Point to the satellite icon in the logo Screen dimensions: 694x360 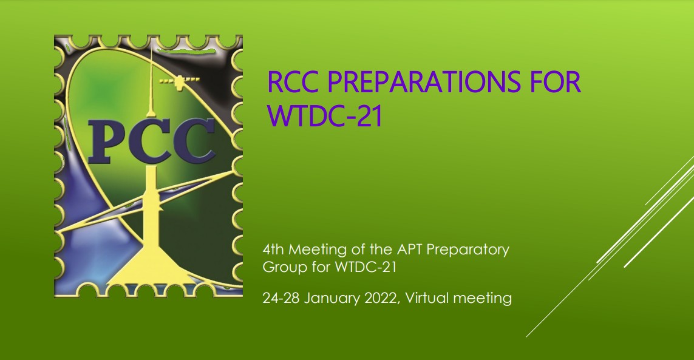[179, 81]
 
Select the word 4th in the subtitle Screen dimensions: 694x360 [273, 250]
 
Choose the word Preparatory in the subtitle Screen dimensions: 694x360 [468, 250]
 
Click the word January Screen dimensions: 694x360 [332, 297]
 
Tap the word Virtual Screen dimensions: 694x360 [427, 297]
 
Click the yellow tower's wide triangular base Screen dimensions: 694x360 [151, 270]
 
